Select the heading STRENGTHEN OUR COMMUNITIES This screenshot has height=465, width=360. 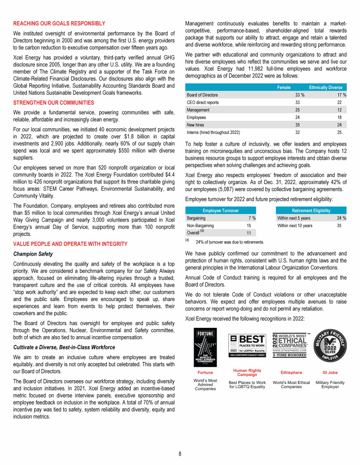coord(54,102)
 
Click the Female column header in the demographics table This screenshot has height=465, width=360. coord(284,88)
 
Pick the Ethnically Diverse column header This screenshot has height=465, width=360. coord(325,88)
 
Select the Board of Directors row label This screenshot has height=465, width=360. coord(202,95)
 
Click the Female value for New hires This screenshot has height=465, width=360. coord(297,125)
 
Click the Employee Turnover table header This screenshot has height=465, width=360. coord(221,211)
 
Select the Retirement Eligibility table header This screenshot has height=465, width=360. coord(312,211)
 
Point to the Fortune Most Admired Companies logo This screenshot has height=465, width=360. coord(205,347)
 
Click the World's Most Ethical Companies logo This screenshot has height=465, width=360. coord(291,345)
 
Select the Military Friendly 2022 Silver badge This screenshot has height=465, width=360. coord(330,346)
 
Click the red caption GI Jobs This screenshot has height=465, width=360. coord(330,373)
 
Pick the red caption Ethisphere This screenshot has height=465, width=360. coord(291,373)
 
